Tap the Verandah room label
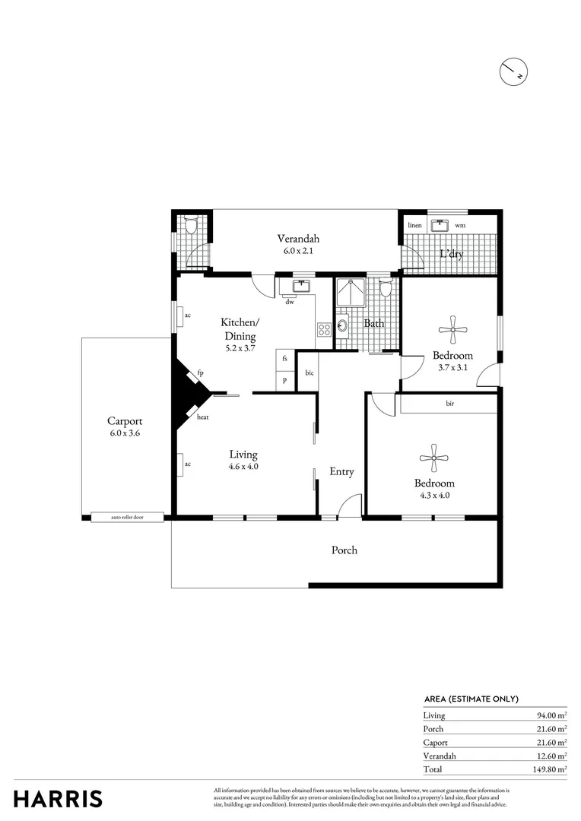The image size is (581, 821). [293, 237]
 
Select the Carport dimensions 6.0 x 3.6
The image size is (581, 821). [125, 433]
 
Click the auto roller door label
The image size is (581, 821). [127, 518]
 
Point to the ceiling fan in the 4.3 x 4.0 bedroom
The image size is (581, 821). [434, 457]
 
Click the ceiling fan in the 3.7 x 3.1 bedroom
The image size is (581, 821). [452, 329]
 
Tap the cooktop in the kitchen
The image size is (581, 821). [324, 330]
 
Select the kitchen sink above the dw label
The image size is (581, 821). [300, 286]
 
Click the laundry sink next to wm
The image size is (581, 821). [439, 225]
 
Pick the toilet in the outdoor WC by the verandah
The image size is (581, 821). [190, 226]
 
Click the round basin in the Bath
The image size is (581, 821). [343, 326]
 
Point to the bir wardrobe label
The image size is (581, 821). [449, 404]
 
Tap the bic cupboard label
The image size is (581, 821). [310, 373]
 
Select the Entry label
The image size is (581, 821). [341, 471]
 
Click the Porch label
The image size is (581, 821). [344, 550]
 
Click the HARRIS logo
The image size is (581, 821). [58, 799]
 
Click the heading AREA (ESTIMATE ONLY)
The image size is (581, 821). [471, 699]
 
